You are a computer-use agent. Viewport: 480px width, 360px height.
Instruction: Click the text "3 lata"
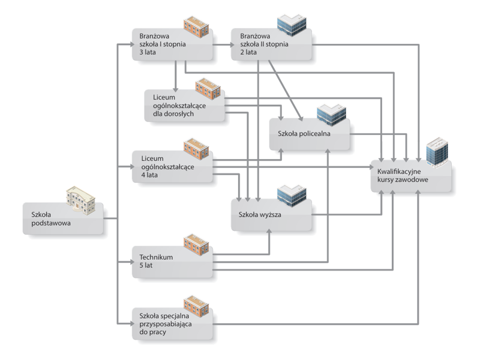[x=146, y=52]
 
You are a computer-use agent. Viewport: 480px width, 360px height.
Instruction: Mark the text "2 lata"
[x=245, y=52]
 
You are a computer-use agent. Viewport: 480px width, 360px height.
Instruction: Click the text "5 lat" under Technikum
[x=144, y=265]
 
